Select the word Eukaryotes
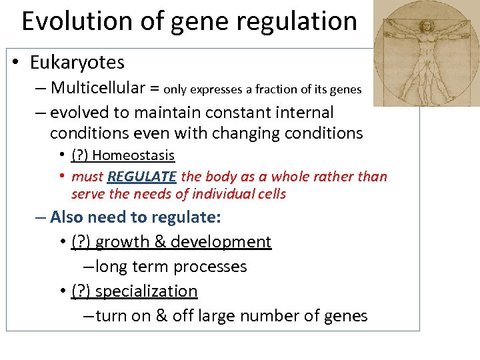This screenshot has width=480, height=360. pos(77,63)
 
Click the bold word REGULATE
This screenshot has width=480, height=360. pos(142,177)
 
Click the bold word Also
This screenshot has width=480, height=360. pos(67,217)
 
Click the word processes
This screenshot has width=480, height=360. pos(209,267)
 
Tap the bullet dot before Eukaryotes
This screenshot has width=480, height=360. pos(15,63)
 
